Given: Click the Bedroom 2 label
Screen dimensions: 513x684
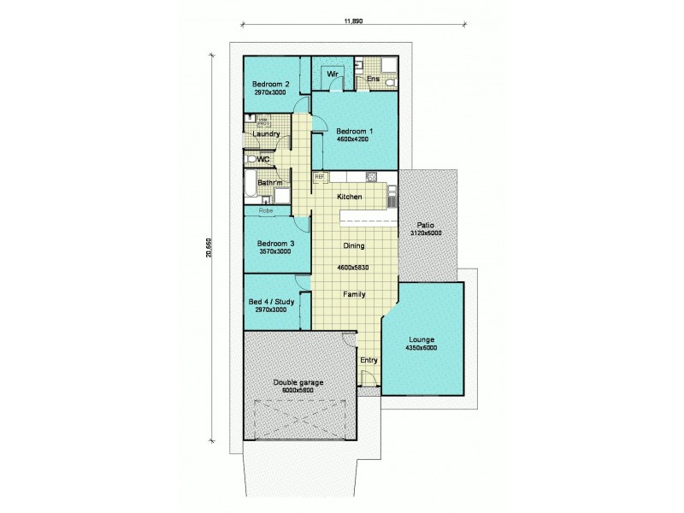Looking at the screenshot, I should [x=269, y=84].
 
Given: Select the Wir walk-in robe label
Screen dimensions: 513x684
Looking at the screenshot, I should [x=334, y=75].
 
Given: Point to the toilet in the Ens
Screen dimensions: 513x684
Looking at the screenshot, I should [x=389, y=82].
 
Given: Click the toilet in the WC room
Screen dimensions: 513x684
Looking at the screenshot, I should [x=251, y=159].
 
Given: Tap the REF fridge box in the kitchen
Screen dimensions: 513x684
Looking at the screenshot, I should [x=320, y=177].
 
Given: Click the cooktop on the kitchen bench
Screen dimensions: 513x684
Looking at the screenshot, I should [x=372, y=177].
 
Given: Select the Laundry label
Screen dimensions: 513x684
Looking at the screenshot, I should [x=267, y=134].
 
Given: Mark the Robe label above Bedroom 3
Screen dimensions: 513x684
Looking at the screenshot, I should [x=266, y=209].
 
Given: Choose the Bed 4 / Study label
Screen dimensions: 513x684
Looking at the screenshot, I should [x=273, y=301].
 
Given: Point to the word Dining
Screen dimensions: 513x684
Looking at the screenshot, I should [x=354, y=245].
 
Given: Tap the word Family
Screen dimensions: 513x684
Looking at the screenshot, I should [x=354, y=294].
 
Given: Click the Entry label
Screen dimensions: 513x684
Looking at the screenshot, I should [x=369, y=360].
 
